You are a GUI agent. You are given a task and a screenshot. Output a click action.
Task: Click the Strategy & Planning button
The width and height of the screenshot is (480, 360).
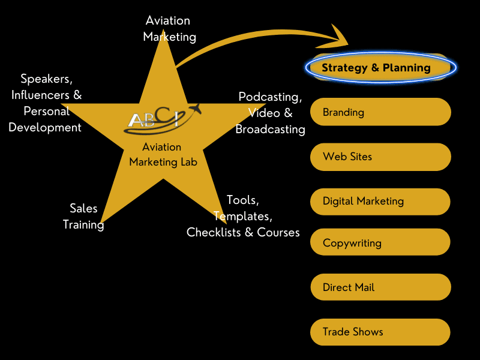click(x=380, y=67)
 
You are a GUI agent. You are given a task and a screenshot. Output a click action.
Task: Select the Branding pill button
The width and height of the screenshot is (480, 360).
click(x=380, y=112)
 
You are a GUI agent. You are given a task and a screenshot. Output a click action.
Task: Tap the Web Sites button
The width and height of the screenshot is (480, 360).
click(x=380, y=157)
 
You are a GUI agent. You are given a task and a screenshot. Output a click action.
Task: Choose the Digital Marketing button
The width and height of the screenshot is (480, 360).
click(x=380, y=201)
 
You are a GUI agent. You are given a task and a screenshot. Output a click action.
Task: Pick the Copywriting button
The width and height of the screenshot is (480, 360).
click(x=380, y=243)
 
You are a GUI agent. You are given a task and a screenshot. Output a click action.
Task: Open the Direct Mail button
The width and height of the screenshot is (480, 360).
click(x=380, y=287)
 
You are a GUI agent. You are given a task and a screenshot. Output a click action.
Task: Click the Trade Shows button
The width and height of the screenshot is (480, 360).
click(x=380, y=332)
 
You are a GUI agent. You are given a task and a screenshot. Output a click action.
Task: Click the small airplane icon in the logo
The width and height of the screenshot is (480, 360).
click(x=194, y=110)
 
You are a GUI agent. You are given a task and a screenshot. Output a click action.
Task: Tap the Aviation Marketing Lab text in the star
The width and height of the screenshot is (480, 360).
click(x=163, y=154)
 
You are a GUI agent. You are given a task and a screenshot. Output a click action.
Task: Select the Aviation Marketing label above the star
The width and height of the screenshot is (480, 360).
click(x=169, y=28)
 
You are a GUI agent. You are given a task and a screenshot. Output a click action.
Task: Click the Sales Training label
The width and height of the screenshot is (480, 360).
click(x=83, y=216)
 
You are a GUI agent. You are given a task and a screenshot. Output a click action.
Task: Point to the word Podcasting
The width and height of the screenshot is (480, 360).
click(x=270, y=97)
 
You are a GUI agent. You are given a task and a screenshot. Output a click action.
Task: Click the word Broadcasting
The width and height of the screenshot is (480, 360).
click(x=270, y=129)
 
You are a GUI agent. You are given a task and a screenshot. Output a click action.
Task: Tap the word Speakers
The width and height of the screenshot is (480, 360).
click(x=46, y=79)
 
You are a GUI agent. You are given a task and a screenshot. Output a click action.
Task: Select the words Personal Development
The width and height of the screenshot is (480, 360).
click(x=45, y=119)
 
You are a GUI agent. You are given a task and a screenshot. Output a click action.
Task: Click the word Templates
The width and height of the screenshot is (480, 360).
click(x=243, y=215)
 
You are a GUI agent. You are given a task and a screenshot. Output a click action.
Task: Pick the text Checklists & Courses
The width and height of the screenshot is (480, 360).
click(x=243, y=232)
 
